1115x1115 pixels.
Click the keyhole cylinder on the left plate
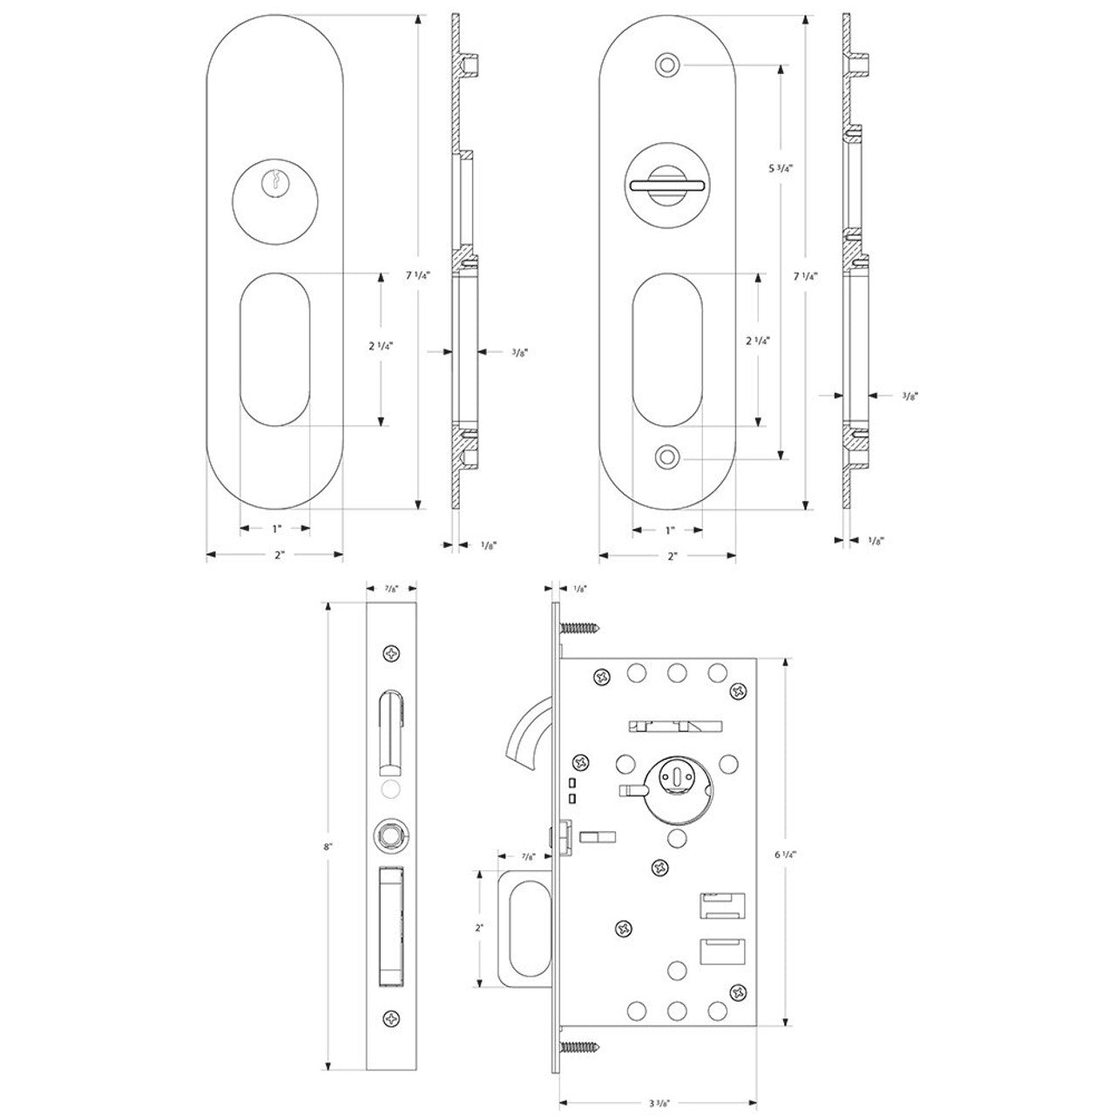pos(275,180)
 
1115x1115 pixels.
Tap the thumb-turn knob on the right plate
pos(667,184)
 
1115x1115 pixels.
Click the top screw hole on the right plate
pos(667,64)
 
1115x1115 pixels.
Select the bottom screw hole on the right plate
pos(667,456)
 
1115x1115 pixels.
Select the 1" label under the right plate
pos(669,530)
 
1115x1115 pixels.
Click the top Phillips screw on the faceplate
pos(392,652)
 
